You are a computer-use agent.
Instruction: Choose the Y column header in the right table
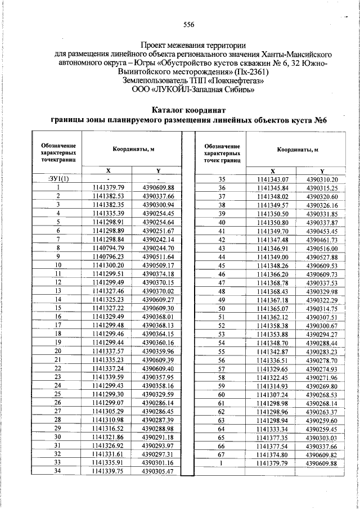322,171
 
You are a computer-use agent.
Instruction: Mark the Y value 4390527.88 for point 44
322,256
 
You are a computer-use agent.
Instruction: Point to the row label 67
222,454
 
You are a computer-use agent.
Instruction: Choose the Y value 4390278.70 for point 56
322,360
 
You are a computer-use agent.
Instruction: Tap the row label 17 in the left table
58,325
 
